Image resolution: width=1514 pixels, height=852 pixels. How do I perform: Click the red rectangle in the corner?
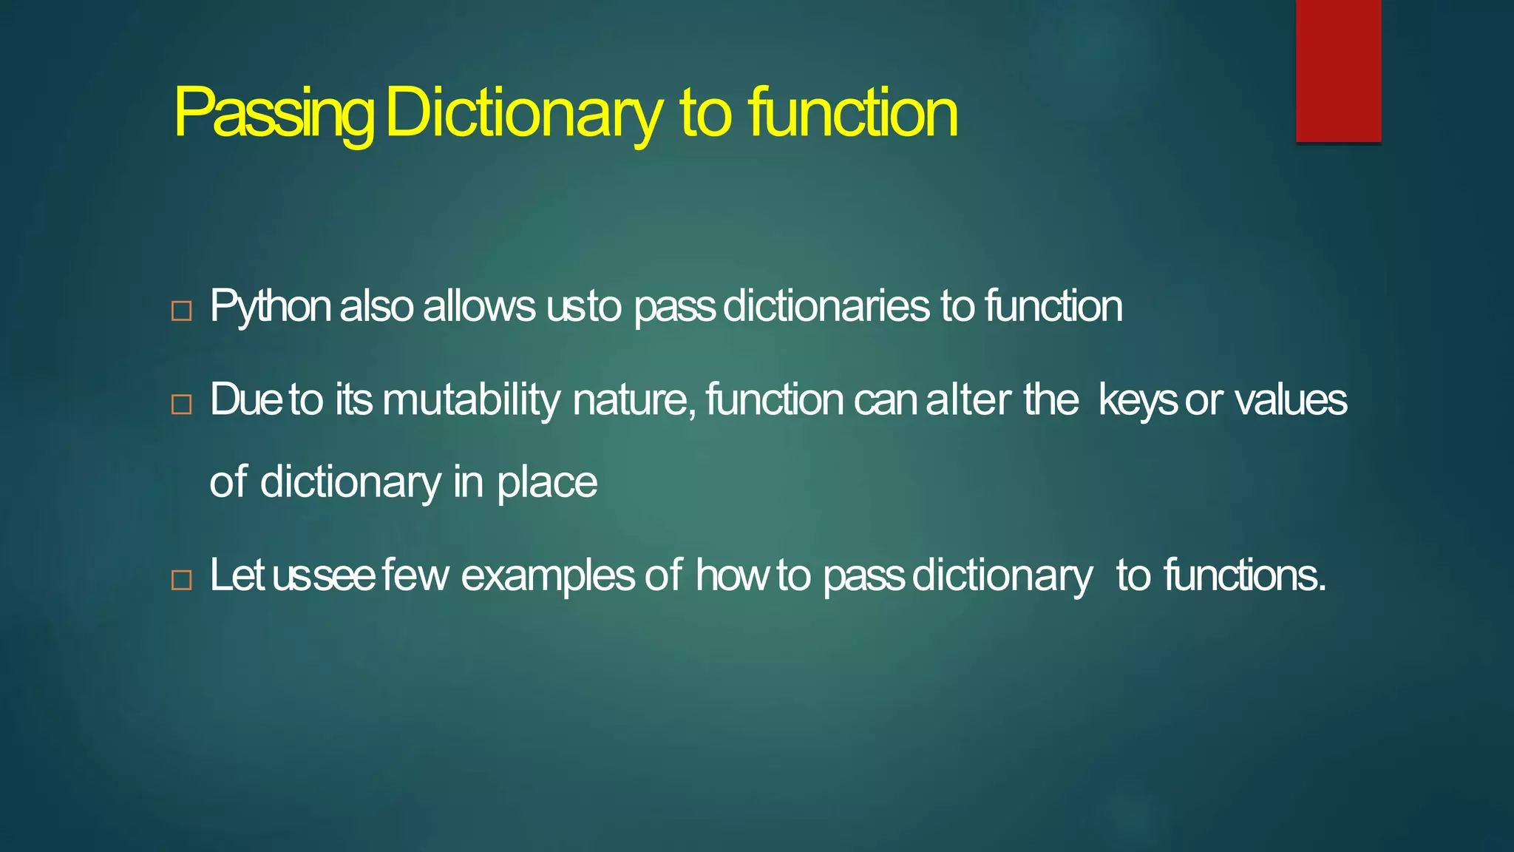click(x=1338, y=71)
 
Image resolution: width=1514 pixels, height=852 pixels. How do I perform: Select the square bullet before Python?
click(x=181, y=311)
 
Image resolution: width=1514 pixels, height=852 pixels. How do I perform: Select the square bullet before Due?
click(x=181, y=405)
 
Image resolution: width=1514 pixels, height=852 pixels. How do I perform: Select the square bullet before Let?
click(x=181, y=580)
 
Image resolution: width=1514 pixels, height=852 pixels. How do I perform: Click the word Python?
click(x=270, y=306)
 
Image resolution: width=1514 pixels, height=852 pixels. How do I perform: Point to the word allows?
click(x=479, y=306)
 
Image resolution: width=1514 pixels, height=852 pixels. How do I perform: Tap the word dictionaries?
click(x=826, y=306)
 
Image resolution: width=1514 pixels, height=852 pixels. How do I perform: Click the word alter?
click(x=968, y=400)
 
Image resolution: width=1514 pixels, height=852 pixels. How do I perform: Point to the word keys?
click(x=1137, y=400)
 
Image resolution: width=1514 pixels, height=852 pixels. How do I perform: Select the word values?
click(x=1291, y=400)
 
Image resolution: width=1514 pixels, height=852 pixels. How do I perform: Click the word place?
click(x=546, y=482)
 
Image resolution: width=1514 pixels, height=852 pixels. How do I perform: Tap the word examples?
click(x=548, y=575)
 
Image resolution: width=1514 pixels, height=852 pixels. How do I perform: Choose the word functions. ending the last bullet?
click(x=1245, y=575)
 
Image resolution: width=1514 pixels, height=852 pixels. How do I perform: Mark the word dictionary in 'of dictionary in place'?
click(x=350, y=482)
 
